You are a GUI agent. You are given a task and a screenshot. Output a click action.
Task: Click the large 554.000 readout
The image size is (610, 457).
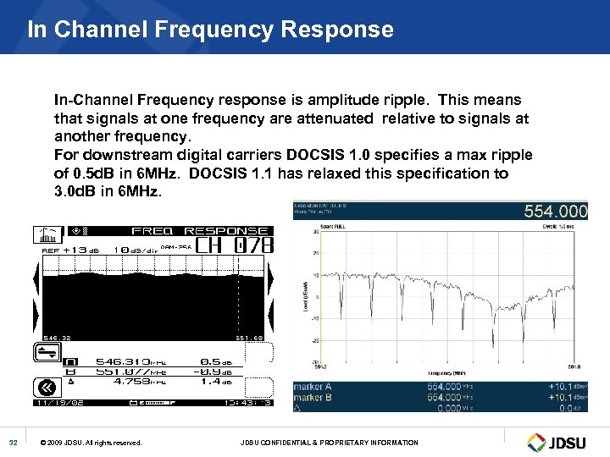tap(555, 211)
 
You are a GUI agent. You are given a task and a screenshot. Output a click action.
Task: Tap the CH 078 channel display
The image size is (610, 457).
tap(235, 246)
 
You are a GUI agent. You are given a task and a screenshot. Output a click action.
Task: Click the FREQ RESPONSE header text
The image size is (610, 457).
tap(200, 231)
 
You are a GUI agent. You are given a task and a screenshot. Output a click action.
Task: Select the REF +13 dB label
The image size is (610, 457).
tap(71, 251)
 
